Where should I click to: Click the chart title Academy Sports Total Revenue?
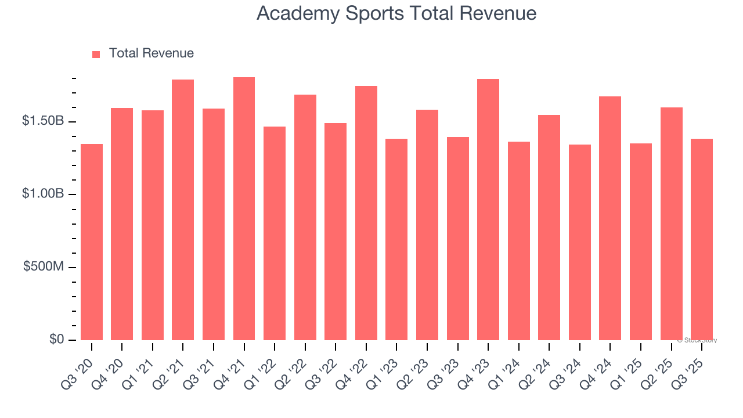(x=396, y=13)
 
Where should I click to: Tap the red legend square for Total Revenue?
(x=96, y=55)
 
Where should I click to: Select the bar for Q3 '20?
(x=92, y=242)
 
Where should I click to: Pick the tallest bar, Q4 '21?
(x=244, y=209)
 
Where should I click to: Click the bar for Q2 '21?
(x=183, y=210)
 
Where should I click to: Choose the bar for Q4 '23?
(x=488, y=210)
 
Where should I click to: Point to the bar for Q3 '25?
(x=702, y=240)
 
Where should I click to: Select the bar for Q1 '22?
(x=275, y=233)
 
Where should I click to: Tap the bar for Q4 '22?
(x=366, y=213)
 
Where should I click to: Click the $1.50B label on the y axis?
(x=43, y=121)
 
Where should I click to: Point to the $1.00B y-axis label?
(x=43, y=194)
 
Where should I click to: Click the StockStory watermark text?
(x=697, y=340)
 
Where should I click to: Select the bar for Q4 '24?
(x=610, y=218)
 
